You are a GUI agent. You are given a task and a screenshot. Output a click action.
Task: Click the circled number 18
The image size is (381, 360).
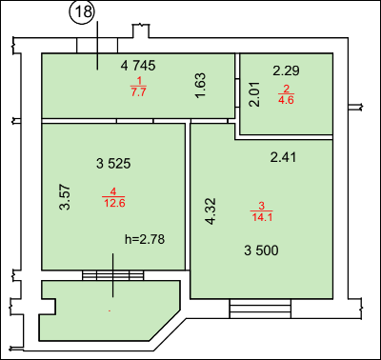84,12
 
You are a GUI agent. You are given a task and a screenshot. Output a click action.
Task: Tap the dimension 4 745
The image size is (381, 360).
138,66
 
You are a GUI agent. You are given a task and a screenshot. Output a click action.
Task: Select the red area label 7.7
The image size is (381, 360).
138,92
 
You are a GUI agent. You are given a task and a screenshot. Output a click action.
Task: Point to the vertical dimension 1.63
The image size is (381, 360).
201,86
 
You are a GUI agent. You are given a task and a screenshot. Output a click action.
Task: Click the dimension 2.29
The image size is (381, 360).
286,70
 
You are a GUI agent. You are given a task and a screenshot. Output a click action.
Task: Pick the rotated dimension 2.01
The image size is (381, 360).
254,94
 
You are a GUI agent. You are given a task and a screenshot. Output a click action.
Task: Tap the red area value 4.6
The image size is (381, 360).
286,100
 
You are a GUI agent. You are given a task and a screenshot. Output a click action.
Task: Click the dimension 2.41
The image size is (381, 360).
283,157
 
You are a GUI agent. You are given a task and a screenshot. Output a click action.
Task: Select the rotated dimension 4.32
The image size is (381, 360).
211,211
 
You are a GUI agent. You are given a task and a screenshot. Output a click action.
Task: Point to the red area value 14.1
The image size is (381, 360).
262,217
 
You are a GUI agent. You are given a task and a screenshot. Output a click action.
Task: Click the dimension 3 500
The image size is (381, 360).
261,250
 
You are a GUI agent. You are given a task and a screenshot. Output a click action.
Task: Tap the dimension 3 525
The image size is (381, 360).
113,164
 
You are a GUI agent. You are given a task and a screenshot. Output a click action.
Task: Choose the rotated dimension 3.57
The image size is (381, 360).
65,197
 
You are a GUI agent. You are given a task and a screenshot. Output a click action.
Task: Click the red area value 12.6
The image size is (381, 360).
114,203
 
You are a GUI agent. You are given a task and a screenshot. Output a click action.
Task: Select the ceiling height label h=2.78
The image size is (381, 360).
145,239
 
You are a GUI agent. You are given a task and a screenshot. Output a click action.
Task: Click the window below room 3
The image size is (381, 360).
260,309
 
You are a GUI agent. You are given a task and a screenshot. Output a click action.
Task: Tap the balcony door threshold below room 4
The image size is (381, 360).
113,275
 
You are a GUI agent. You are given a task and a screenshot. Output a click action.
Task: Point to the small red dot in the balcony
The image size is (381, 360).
110,311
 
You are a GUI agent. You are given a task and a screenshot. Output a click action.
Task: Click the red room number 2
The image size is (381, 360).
286,90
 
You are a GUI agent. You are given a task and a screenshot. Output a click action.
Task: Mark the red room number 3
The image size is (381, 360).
261,206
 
